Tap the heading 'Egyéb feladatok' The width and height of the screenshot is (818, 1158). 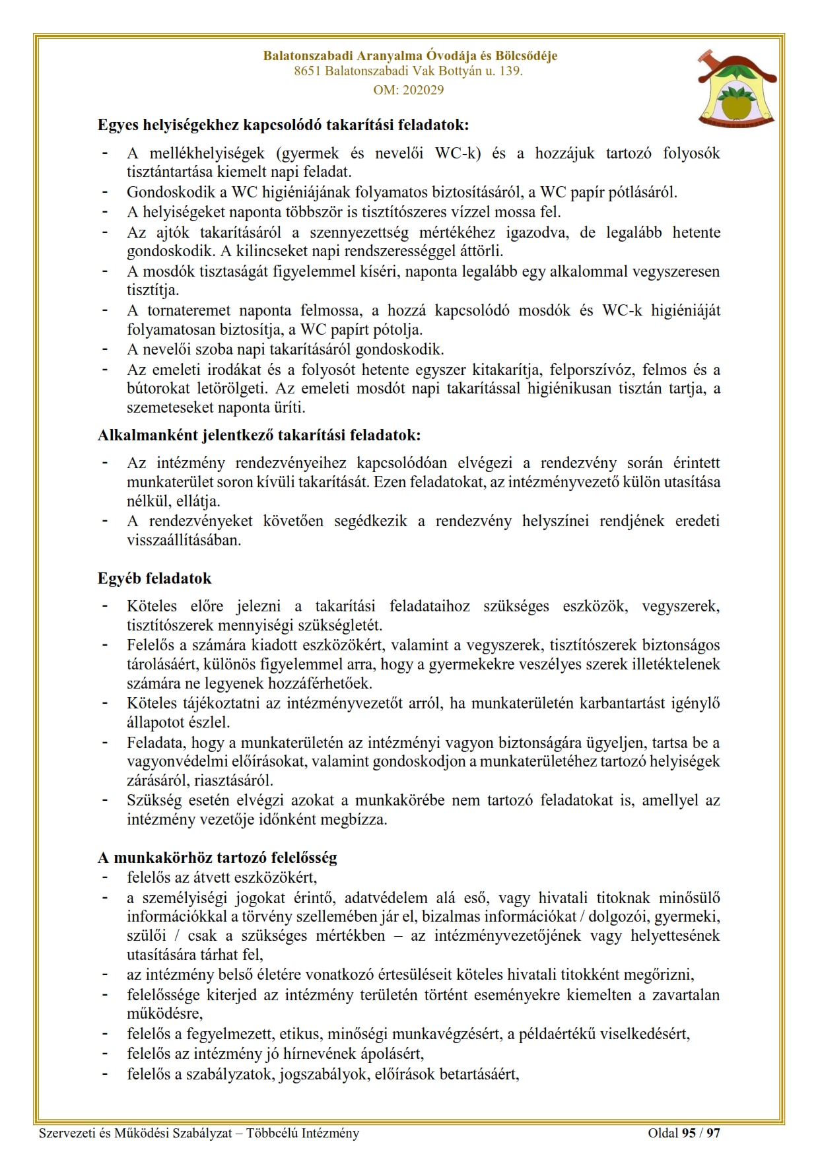point(154,578)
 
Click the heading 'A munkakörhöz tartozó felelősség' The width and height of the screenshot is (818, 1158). point(217,858)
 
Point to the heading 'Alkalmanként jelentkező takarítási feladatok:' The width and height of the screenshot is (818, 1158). point(259,435)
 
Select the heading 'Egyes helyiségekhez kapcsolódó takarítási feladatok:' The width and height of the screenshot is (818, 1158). point(283,124)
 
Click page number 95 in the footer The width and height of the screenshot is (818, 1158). point(689,1133)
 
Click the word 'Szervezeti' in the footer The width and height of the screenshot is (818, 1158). point(67,1133)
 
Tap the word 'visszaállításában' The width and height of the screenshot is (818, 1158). point(184,539)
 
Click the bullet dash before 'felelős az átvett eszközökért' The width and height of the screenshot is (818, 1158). point(104,877)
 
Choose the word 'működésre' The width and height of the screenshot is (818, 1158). point(164,1013)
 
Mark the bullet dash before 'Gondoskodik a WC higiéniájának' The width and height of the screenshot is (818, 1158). point(104,192)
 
